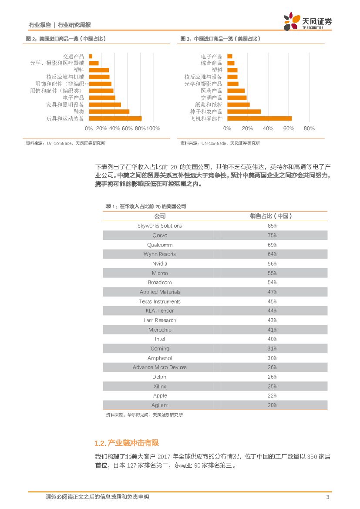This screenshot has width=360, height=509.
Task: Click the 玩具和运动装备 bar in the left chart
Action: (x=115, y=118)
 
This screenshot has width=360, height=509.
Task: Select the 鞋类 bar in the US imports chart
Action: (x=109, y=111)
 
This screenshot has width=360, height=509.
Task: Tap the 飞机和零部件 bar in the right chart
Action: (x=259, y=118)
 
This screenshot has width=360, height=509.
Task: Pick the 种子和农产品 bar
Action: (x=244, y=111)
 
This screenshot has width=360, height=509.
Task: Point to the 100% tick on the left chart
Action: (x=153, y=128)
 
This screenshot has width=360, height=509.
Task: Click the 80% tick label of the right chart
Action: (x=309, y=128)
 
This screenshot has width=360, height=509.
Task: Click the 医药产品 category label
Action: (x=212, y=91)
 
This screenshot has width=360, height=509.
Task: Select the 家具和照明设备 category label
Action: (x=65, y=104)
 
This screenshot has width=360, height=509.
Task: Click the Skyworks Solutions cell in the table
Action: (x=160, y=226)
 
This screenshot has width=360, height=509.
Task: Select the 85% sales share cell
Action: (x=272, y=226)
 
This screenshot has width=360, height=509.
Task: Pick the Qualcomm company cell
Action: (x=160, y=245)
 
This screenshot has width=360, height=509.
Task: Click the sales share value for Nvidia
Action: (x=272, y=264)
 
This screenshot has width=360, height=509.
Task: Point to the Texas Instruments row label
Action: (x=160, y=301)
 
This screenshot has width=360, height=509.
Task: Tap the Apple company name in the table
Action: (x=160, y=396)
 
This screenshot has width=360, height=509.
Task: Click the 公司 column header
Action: (x=160, y=216)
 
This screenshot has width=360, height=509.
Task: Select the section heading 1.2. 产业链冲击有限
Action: (x=127, y=443)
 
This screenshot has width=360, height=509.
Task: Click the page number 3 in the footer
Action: (x=327, y=497)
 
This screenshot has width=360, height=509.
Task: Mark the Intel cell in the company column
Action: (x=160, y=339)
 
